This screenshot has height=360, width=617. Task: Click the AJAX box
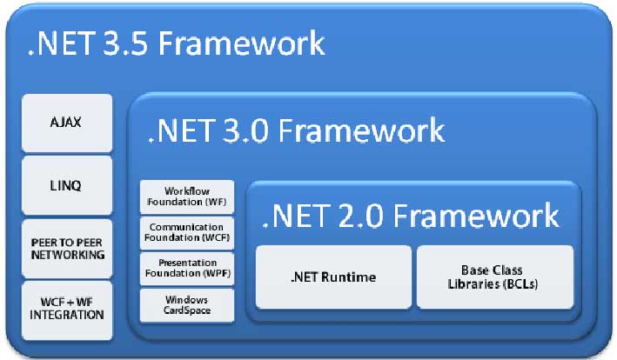tap(66, 123)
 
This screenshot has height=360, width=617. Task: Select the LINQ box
tap(66, 185)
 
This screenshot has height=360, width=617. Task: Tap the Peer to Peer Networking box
tap(66, 248)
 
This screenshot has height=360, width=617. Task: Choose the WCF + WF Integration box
tap(66, 310)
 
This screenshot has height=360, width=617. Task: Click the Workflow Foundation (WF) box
tap(187, 197)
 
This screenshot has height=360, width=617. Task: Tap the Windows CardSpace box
tap(187, 304)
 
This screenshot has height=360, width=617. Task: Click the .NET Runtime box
tap(333, 277)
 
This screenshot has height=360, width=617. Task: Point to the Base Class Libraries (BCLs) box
tap(494, 277)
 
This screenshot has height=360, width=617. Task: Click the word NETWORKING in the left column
tap(66, 255)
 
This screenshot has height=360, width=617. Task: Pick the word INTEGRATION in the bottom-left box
tap(66, 316)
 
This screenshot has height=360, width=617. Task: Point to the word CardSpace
tap(187, 310)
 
